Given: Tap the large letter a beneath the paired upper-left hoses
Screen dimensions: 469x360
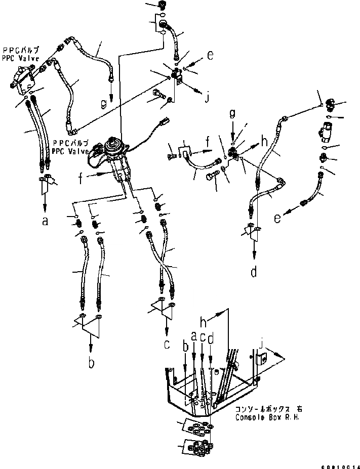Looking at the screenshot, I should tap(45, 221).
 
